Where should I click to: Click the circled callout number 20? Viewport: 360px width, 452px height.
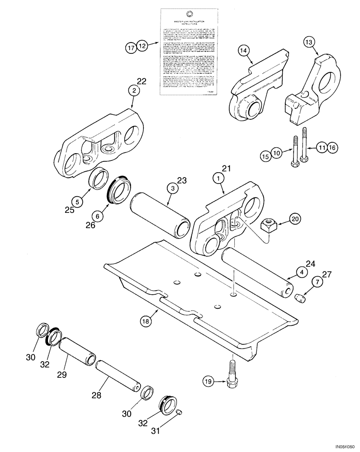point(295,219)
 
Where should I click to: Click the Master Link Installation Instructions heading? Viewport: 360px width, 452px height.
point(189,23)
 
